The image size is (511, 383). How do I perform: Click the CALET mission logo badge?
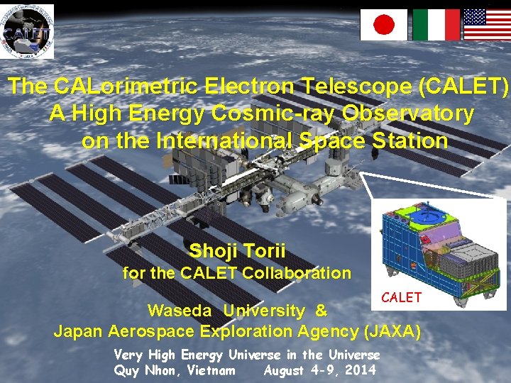[x=27, y=31]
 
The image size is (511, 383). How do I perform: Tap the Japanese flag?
[x=384, y=25]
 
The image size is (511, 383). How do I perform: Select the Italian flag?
[x=436, y=25]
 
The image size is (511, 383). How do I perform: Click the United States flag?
[x=487, y=25]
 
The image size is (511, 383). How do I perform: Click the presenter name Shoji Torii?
[x=237, y=250]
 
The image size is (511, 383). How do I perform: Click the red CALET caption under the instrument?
[x=402, y=298]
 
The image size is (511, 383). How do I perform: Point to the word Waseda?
[x=180, y=311]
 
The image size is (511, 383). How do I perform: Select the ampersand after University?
[x=321, y=311]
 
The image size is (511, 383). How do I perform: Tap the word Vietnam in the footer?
[x=211, y=370]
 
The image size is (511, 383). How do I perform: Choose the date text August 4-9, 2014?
[x=319, y=370]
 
